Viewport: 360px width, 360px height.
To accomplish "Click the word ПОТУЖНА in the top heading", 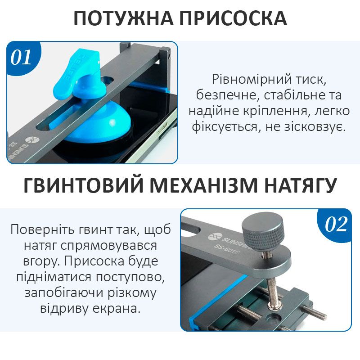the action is (123, 18).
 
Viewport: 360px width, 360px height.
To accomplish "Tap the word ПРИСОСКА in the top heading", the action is (233, 18).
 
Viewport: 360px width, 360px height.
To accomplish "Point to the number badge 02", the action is (336, 224).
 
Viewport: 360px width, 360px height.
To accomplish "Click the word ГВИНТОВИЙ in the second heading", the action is (83, 185).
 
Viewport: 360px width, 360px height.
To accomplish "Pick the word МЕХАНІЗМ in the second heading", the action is (204, 185).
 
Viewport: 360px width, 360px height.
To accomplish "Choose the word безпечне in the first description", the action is (228, 95).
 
